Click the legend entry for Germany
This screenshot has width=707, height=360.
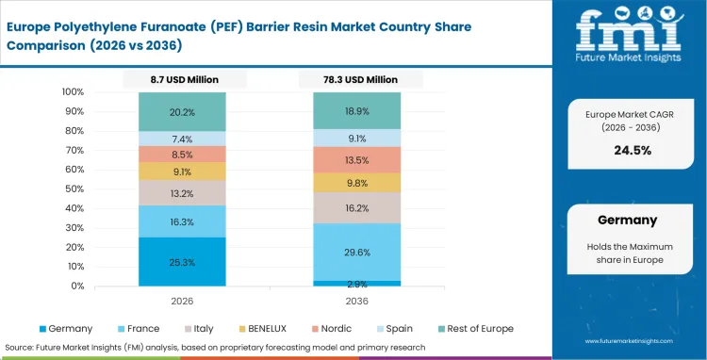pos(66,328)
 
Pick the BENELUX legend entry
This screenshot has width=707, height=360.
pos(266,328)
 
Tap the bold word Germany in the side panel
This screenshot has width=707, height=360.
pos(627,220)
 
